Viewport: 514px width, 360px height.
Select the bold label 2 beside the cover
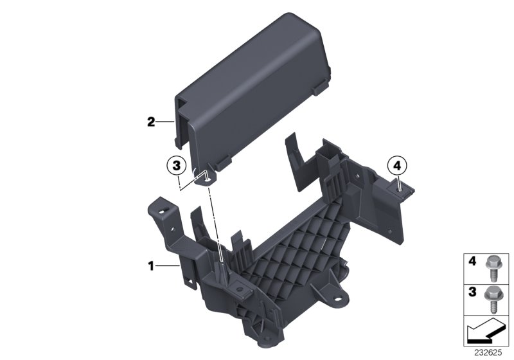[x=152, y=122]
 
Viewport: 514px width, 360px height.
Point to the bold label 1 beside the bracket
[x=152, y=265]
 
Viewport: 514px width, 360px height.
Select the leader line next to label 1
[x=168, y=265]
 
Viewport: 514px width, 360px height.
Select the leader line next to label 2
[x=166, y=122]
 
